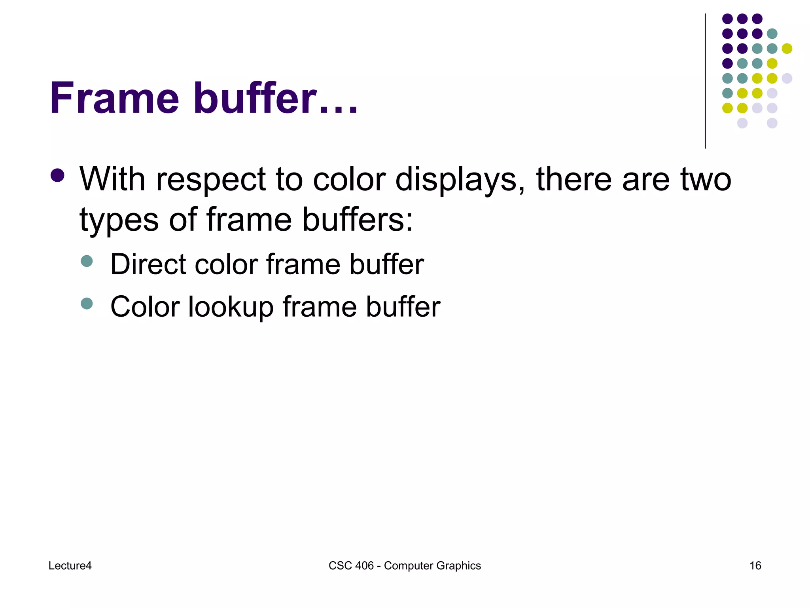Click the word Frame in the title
pyautogui.click(x=115, y=98)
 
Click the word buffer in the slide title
pyautogui.click(x=255, y=98)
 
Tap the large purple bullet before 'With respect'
pyautogui.click(x=58, y=175)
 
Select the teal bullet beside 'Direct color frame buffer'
pyautogui.click(x=87, y=261)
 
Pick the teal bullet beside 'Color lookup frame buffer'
pyautogui.click(x=87, y=304)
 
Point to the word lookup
pyautogui.click(x=231, y=307)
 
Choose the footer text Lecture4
pyautogui.click(x=70, y=566)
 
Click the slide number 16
pyautogui.click(x=755, y=566)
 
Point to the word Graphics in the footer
pyautogui.click(x=461, y=566)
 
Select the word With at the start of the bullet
pyautogui.click(x=113, y=179)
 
